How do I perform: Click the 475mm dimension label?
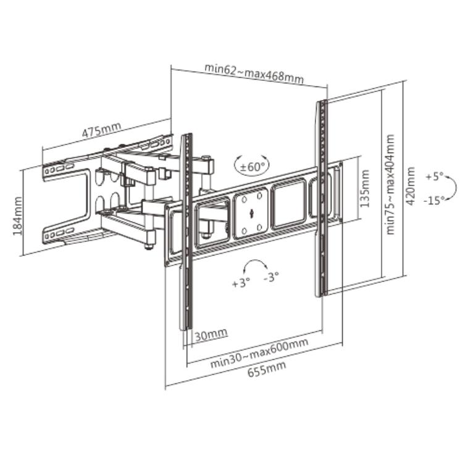tap(101, 130)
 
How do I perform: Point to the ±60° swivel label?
tap(252, 167)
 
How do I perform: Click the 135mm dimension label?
tap(365, 188)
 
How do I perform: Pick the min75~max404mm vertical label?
tap(390, 184)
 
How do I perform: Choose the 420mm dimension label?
tap(411, 186)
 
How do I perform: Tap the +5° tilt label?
tap(435, 177)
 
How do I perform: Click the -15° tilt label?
tap(434, 201)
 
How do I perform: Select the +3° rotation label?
tap(241, 283)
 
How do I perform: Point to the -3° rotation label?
tap(271, 277)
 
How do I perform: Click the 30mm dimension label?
tap(211, 335)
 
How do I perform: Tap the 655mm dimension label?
tap(267, 369)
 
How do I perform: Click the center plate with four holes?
tap(251, 214)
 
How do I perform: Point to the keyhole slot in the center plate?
tap(251, 214)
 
